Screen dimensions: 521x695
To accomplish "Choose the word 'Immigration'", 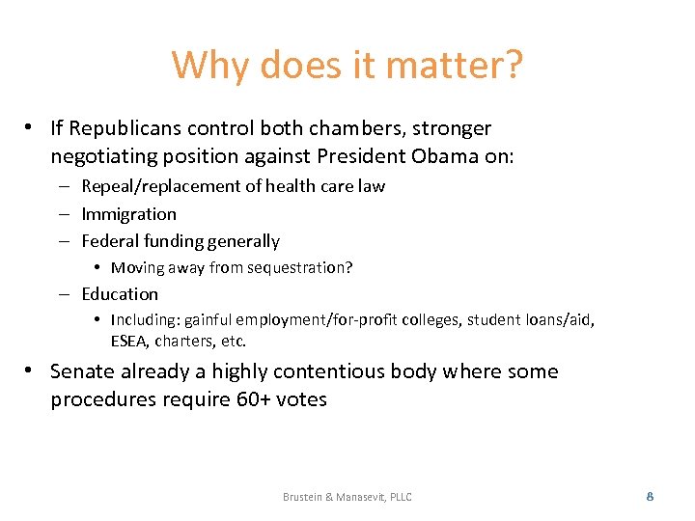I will pos(128,214).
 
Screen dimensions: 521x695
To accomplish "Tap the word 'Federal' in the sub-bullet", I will pos(111,241).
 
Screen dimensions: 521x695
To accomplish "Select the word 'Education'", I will pos(120,294).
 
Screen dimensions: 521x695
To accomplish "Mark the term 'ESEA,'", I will pos(131,341).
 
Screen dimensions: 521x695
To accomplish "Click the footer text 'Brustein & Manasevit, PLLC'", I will pos(347,497).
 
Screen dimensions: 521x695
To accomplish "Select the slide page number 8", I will pos(650,496).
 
